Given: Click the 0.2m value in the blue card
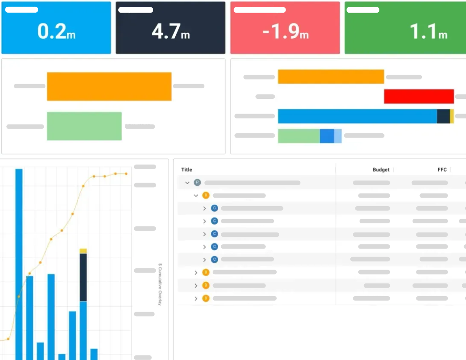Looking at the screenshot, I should [x=56, y=32].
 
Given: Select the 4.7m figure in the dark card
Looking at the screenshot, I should [x=171, y=32].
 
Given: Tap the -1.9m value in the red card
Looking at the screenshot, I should [x=285, y=32].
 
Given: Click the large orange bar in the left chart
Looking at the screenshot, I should [x=109, y=87].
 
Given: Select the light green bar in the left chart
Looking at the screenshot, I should [x=84, y=126].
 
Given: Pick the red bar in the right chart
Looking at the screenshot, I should [x=418, y=96].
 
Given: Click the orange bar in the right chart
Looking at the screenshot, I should [x=331, y=77].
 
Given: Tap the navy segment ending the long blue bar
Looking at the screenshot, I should [x=443, y=116].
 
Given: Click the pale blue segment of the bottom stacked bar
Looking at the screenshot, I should [x=338, y=136].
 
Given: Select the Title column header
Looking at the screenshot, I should [x=187, y=170].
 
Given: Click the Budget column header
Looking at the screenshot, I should [x=381, y=170].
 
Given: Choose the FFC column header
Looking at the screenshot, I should [x=442, y=170].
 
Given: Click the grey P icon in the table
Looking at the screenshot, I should [x=197, y=183].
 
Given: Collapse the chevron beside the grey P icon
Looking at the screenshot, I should [x=187, y=183].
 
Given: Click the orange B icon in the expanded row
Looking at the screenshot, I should [x=206, y=195].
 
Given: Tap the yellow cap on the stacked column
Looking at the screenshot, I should [x=83, y=251].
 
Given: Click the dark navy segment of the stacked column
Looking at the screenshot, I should [x=83, y=277].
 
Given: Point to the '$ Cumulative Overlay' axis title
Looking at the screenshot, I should [x=160, y=284].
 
